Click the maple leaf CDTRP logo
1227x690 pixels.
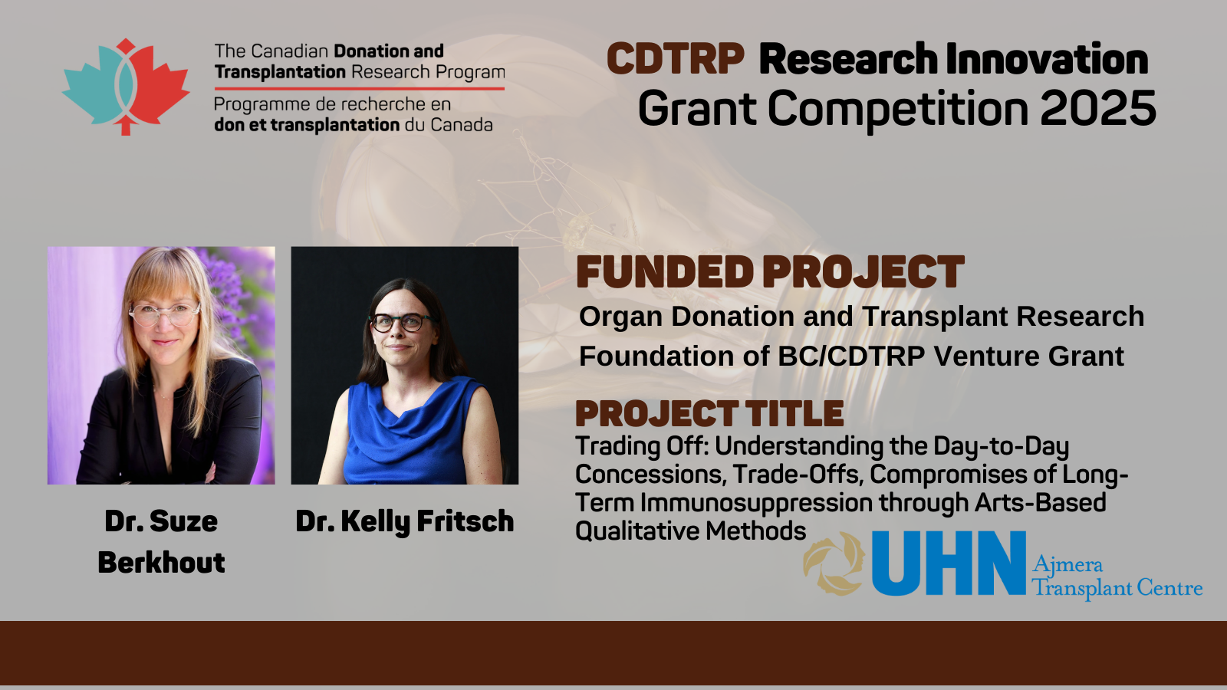(x=126, y=87)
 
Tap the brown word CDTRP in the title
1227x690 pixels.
(x=676, y=58)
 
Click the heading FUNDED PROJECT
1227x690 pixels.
(x=770, y=271)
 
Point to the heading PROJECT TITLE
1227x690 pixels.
(x=709, y=413)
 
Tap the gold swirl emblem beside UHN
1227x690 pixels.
(x=834, y=563)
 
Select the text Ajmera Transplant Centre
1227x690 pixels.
(x=1117, y=577)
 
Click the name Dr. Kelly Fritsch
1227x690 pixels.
(x=405, y=521)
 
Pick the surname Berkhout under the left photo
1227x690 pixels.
(x=162, y=563)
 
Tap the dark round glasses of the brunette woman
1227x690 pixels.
(x=400, y=322)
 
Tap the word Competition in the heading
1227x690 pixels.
(x=898, y=109)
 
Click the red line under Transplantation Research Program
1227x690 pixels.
(x=360, y=88)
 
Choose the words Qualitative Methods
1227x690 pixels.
(x=691, y=531)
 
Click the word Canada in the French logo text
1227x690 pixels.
(x=461, y=125)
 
